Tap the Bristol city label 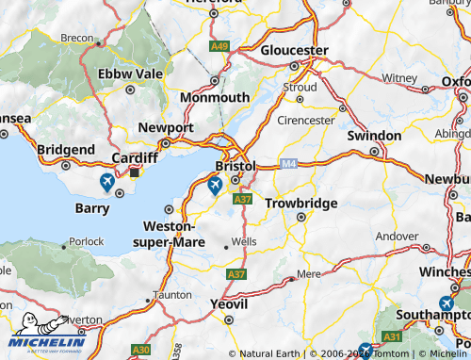point(235,166)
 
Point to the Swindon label point(374,136)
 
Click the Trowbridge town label point(300,203)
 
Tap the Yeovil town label point(229,304)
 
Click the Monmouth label point(218,97)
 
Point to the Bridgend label point(65,150)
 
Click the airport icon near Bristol point(216,186)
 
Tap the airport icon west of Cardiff point(106,180)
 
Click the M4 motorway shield point(288,163)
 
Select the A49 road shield point(219,45)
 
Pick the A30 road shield point(141,350)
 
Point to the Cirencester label point(306,121)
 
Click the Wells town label point(244,242)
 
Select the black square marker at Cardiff point(135,172)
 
